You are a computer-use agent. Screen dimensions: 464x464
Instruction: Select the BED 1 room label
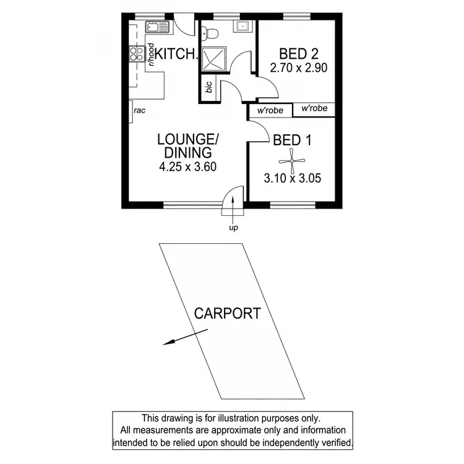pyautogui.click(x=292, y=140)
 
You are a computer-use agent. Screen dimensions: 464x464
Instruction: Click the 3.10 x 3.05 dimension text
pyautogui.click(x=292, y=180)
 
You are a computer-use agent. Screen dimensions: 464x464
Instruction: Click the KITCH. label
pyautogui.click(x=177, y=54)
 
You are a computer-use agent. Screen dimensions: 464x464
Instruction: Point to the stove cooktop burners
pyautogui.click(x=135, y=54)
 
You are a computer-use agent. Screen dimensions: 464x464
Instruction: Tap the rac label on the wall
pyautogui.click(x=139, y=111)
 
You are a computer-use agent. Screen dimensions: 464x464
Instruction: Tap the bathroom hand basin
pyautogui.click(x=241, y=26)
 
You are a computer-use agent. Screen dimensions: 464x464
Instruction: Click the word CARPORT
pyautogui.click(x=227, y=314)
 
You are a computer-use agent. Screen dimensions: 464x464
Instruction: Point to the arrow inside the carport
pyautogui.click(x=176, y=339)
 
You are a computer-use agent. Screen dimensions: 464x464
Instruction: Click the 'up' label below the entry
pyautogui.click(x=233, y=228)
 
